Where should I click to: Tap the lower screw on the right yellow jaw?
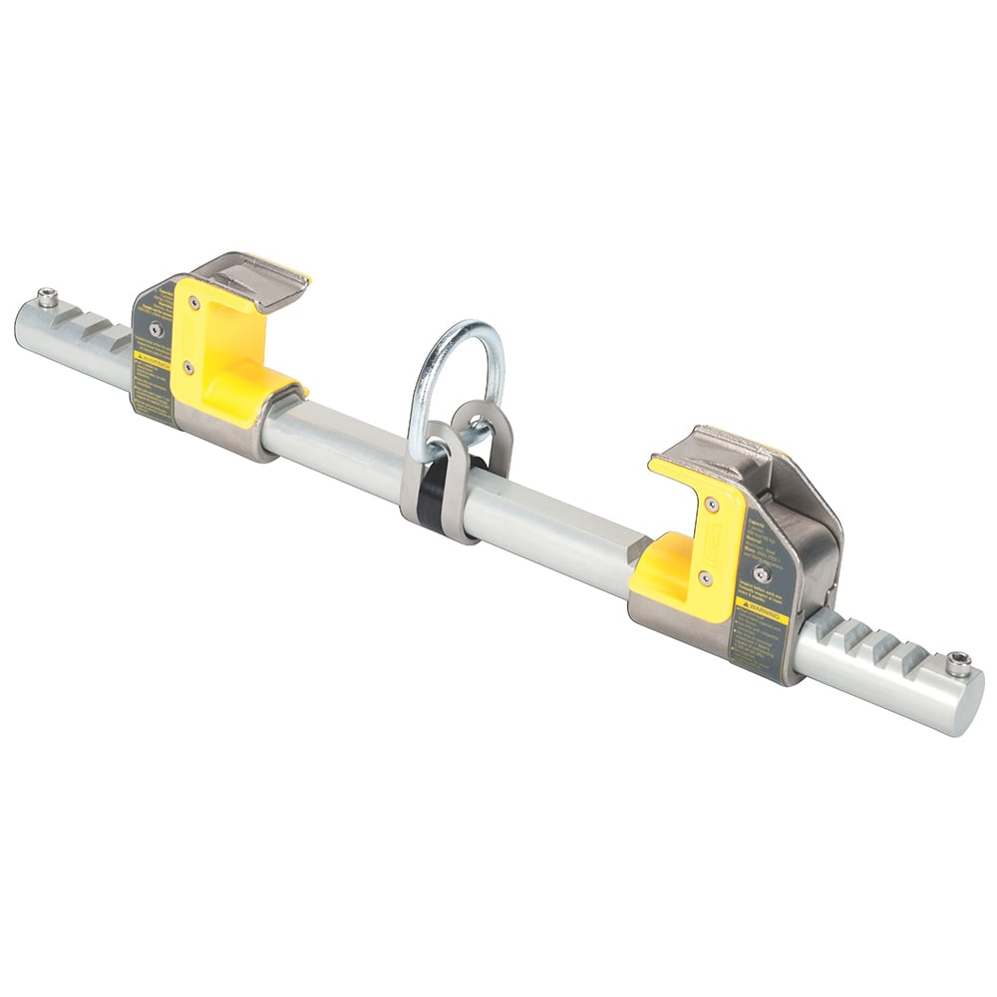click(x=705, y=576)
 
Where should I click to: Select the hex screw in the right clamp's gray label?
click(x=761, y=573)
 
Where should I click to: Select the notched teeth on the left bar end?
click(x=95, y=324)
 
